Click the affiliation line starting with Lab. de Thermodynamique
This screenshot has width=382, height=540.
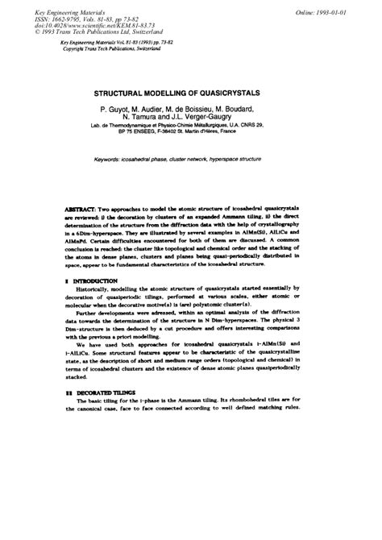190,127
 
